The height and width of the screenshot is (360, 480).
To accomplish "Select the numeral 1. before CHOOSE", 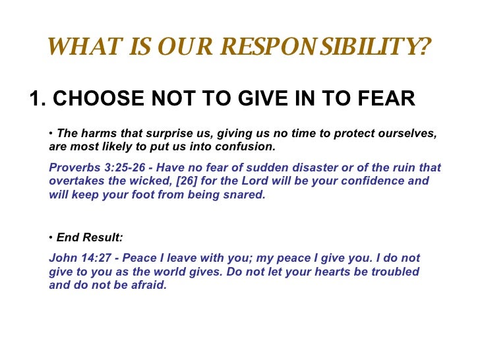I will click(37, 98).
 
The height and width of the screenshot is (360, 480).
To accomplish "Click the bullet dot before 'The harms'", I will click(51, 133).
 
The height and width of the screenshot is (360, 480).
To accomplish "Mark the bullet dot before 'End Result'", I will click(51, 238).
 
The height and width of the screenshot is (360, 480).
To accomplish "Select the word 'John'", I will click(62, 258).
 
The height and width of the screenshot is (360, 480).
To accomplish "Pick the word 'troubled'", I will click(394, 272).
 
